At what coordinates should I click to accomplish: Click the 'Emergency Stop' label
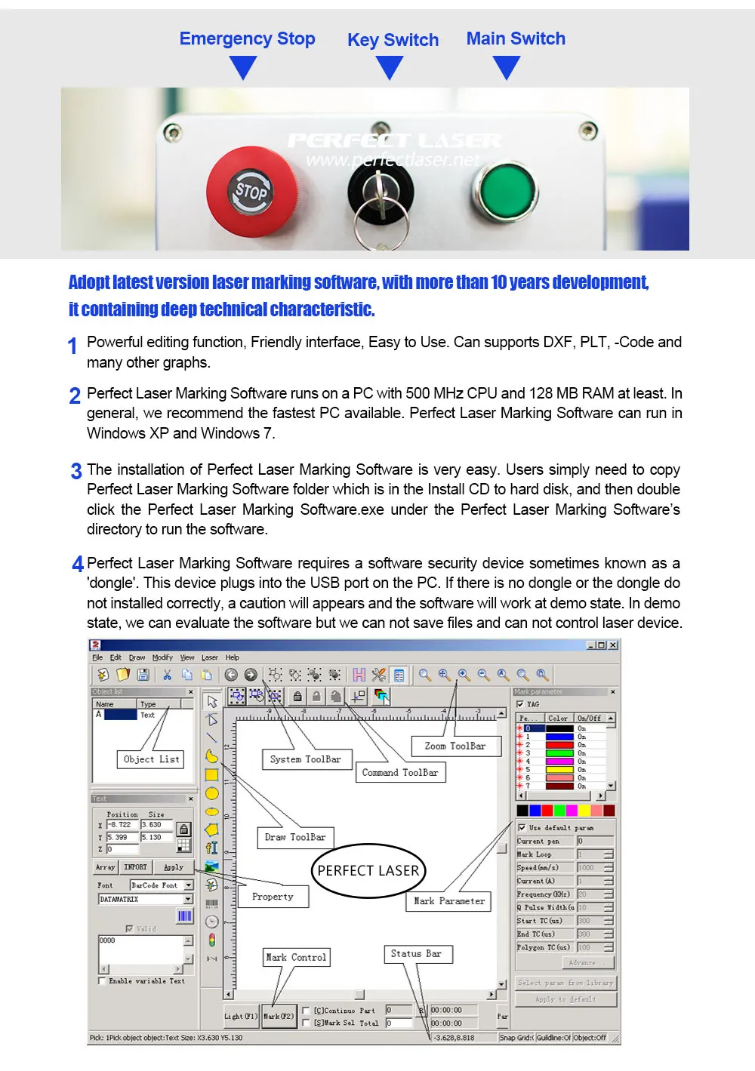[x=247, y=38]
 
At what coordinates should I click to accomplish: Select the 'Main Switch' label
[x=516, y=38]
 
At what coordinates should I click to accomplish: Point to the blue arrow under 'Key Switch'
[x=390, y=68]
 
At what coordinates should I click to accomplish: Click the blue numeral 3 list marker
[x=76, y=471]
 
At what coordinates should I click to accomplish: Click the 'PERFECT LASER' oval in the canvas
[x=368, y=870]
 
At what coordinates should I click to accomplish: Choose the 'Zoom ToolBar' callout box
[x=455, y=746]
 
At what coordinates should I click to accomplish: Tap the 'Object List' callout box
[x=151, y=759]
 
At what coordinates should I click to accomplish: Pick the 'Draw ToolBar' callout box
[x=295, y=837]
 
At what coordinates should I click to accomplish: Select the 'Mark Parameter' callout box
[x=449, y=901]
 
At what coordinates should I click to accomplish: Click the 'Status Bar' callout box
[x=416, y=954]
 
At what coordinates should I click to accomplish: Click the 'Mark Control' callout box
[x=296, y=957]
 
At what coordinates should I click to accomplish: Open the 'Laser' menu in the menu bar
[x=209, y=657]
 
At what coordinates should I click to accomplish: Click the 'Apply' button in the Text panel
[x=174, y=867]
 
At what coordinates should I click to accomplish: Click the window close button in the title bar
[x=613, y=645]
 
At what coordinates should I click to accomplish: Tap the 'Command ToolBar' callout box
[x=399, y=772]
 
